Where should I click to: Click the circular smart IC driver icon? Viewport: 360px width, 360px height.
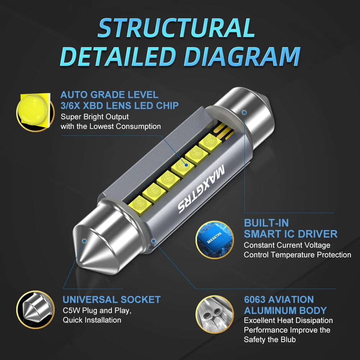coord(214,239)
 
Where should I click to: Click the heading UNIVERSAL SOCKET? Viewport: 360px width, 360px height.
coord(112,300)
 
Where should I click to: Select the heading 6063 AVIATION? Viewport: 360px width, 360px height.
coord(279,300)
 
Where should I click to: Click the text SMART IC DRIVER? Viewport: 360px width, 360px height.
coord(291,234)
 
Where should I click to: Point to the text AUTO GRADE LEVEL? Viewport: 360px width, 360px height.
coord(109,95)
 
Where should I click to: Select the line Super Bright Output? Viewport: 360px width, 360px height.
coord(95,117)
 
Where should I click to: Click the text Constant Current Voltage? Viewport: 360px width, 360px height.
coord(287,245)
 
